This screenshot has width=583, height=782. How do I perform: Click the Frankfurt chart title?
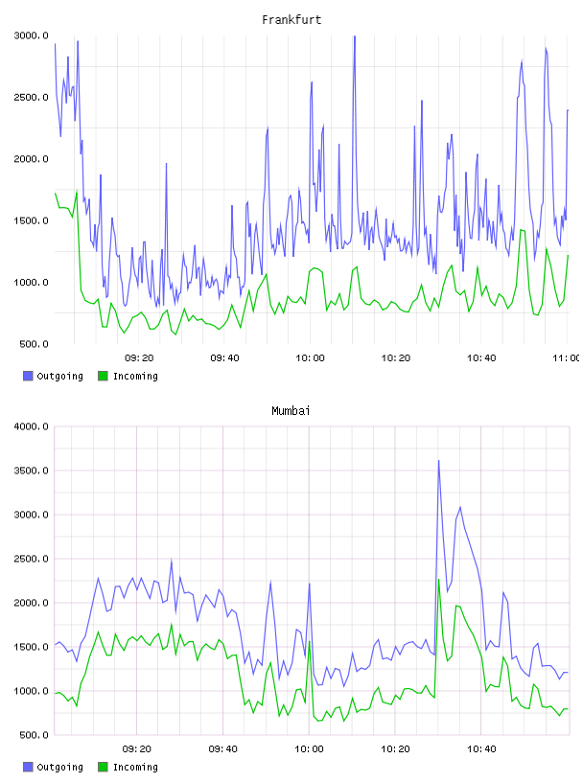(x=291, y=19)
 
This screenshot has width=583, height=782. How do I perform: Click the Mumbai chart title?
(x=291, y=410)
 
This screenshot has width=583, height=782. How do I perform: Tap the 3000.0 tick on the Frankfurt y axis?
(x=31, y=35)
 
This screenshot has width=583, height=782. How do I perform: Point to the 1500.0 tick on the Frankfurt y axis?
(x=31, y=220)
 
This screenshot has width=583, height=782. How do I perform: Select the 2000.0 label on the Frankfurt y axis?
(x=31, y=158)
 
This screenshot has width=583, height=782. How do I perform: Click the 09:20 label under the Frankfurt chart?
(x=139, y=357)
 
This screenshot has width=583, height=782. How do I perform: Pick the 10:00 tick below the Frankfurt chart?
(x=310, y=357)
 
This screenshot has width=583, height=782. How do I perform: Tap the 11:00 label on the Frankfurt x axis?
(x=567, y=357)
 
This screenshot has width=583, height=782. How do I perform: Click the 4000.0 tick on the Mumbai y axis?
(x=31, y=426)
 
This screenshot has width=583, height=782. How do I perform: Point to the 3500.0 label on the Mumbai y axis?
(x=31, y=471)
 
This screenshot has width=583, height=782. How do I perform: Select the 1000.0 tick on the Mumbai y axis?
(x=31, y=691)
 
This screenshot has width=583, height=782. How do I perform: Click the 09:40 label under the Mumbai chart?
(x=223, y=748)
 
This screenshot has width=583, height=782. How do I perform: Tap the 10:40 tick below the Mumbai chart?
(x=481, y=748)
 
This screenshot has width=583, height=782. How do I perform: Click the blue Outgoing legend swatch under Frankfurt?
(x=28, y=376)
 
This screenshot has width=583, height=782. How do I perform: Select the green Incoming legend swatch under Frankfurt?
(x=103, y=376)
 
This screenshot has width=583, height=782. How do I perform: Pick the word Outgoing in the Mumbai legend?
(x=59, y=767)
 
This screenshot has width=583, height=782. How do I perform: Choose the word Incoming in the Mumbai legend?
(x=135, y=767)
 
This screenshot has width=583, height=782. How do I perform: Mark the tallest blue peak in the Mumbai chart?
(x=439, y=461)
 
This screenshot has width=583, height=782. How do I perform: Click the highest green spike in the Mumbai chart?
(x=439, y=580)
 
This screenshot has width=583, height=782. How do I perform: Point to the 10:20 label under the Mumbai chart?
(x=395, y=748)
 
